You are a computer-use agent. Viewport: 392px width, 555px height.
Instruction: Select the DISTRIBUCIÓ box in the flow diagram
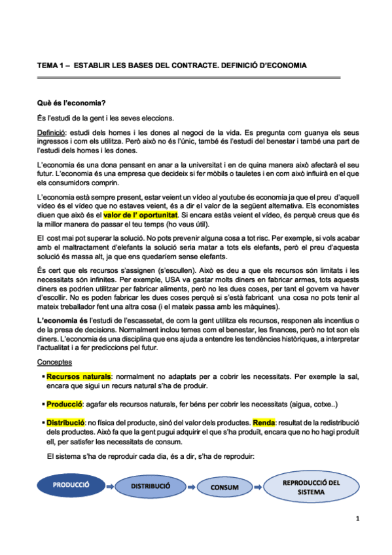[x=151, y=487]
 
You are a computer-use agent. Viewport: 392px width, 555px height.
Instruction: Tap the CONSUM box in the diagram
[x=225, y=488]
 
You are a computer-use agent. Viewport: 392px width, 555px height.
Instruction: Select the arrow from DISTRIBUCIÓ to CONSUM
[x=190, y=487]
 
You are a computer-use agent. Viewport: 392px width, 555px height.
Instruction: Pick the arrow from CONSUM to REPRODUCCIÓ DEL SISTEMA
[x=260, y=487]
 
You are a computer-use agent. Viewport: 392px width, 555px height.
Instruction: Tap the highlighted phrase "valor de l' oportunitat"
[x=141, y=214]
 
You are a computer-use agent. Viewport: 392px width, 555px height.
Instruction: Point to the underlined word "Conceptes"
[x=54, y=361]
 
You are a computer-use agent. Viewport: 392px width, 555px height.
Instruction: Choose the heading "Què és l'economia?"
[x=71, y=103]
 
